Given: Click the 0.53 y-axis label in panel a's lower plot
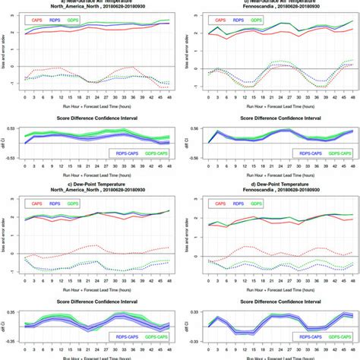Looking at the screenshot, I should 11,129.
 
